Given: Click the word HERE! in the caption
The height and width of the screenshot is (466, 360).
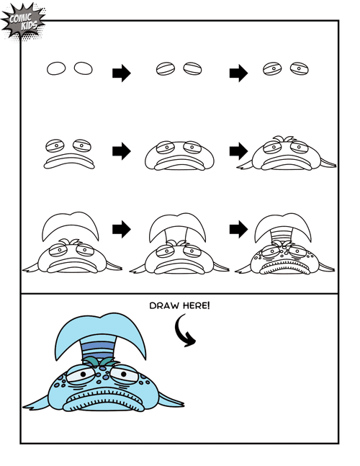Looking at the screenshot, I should pyautogui.click(x=194, y=305).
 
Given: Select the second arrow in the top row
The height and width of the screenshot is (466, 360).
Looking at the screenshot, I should pyautogui.click(x=238, y=72).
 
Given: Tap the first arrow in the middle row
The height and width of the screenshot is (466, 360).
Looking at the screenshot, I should pyautogui.click(x=121, y=151).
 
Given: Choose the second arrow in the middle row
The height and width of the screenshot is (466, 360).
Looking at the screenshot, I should pyautogui.click(x=238, y=151).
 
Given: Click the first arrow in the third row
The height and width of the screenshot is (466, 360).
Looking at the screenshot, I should pyautogui.click(x=121, y=229).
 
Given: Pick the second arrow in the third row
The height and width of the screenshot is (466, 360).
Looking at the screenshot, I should pyautogui.click(x=238, y=229).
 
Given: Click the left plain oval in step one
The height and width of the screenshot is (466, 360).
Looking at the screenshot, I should pyautogui.click(x=56, y=68).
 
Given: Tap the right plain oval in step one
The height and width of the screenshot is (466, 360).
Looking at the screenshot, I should pyautogui.click(x=83, y=68).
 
